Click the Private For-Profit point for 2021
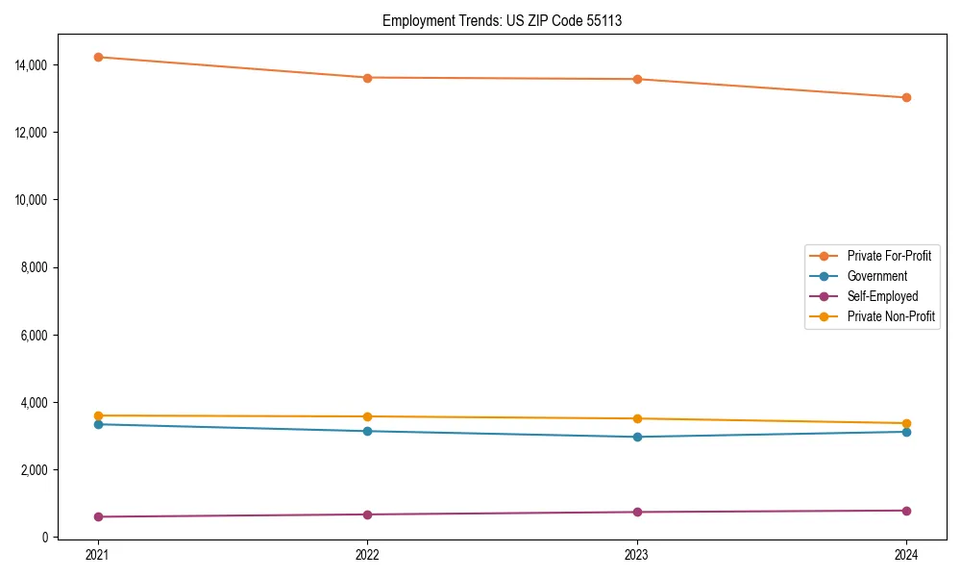tap(97, 57)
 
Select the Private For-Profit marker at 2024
tap(906, 97)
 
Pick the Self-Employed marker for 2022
tap(367, 514)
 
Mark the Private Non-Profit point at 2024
tap(906, 423)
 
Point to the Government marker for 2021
tap(97, 424)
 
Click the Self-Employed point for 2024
tap(906, 511)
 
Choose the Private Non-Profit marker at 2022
tap(367, 416)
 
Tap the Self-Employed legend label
tap(882, 296)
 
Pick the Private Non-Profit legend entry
tap(891, 316)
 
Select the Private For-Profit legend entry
tap(889, 256)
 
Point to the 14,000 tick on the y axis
tap(34, 64)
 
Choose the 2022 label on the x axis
tap(367, 555)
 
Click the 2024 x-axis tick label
tap(906, 555)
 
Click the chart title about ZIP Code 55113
tap(502, 20)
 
